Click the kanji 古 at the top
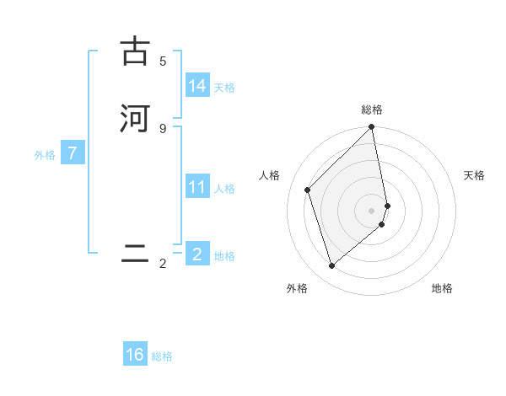pyautogui.click(x=135, y=51)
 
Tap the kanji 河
pyautogui.click(x=135, y=118)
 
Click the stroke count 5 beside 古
pyautogui.click(x=163, y=61)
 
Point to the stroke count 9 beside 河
pyautogui.click(x=163, y=128)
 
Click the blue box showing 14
pyautogui.click(x=197, y=86)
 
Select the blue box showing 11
pyautogui.click(x=197, y=187)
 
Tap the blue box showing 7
pyautogui.click(x=73, y=153)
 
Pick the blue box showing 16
pyautogui.click(x=135, y=355)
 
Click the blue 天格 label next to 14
pyautogui.click(x=224, y=88)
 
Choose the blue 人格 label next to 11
pyautogui.click(x=224, y=189)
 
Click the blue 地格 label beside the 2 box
pyautogui.click(x=224, y=256)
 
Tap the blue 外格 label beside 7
pyautogui.click(x=45, y=155)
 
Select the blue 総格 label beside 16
pyautogui.click(x=162, y=356)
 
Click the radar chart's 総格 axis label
pyautogui.click(x=372, y=110)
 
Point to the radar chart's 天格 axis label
pyautogui.click(x=474, y=175)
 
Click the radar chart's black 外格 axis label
pyautogui.click(x=297, y=288)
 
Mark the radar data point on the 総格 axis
pyautogui.click(x=372, y=128)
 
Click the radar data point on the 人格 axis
pyautogui.click(x=308, y=190)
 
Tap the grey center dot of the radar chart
pyautogui.click(x=372, y=210)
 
